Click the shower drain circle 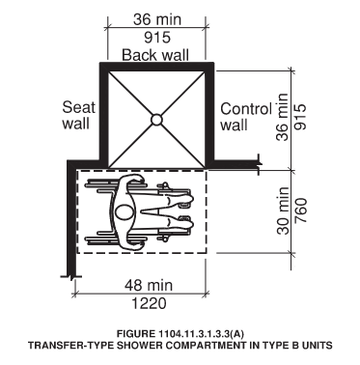pos(155,120)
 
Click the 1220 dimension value pos(141,302)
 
